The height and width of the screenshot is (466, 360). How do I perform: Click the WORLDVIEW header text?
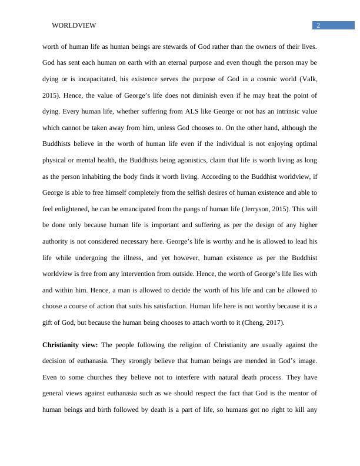74,25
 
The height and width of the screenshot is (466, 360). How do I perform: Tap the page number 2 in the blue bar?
318,25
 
